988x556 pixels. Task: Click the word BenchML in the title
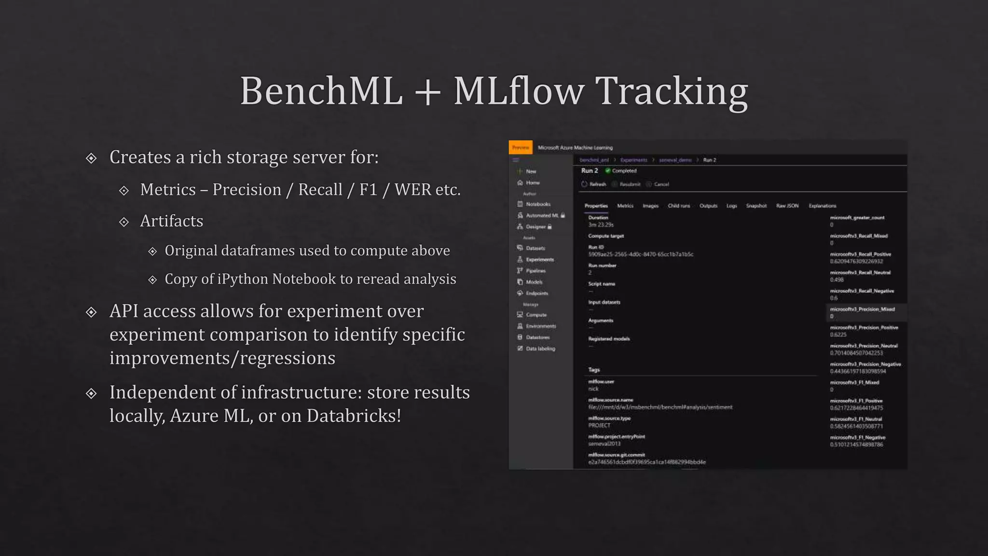pyautogui.click(x=321, y=91)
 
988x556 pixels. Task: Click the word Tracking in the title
pyautogui.click(x=672, y=91)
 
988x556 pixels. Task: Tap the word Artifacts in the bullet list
pyautogui.click(x=171, y=221)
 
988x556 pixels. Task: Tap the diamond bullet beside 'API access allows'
pyautogui.click(x=91, y=312)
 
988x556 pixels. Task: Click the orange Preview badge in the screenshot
pyautogui.click(x=521, y=148)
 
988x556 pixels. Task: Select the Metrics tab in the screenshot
pyautogui.click(x=625, y=206)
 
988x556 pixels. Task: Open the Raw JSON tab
pyautogui.click(x=787, y=206)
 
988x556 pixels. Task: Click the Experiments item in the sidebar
pyautogui.click(x=539, y=259)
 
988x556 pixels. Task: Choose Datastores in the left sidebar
pyautogui.click(x=537, y=337)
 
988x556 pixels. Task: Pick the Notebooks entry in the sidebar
pyautogui.click(x=538, y=204)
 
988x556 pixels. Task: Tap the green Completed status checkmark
pyautogui.click(x=608, y=170)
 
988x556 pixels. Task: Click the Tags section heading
pyautogui.click(x=594, y=370)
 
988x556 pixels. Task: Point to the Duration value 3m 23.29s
pyautogui.click(x=601, y=225)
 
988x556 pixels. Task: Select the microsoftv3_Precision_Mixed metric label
pyautogui.click(x=862, y=309)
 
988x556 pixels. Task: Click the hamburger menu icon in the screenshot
pyautogui.click(x=516, y=160)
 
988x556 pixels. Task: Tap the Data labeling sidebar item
pyautogui.click(x=540, y=348)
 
